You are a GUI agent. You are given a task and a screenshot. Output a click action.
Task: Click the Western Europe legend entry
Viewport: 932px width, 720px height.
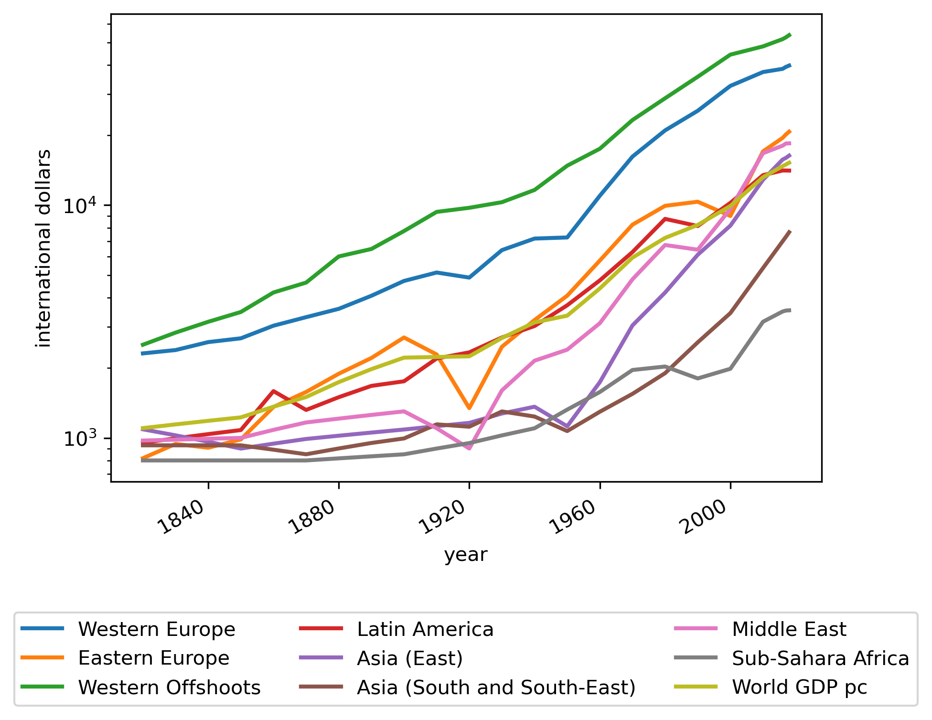[157, 629]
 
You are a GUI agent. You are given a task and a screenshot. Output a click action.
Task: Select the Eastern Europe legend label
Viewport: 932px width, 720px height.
[153, 658]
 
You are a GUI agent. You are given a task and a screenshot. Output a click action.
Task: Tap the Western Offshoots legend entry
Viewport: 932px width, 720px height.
[169, 688]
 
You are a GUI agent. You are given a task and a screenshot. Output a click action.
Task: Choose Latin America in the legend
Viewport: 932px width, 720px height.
[425, 629]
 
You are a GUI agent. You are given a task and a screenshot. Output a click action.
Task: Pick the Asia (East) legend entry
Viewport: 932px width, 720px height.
[410, 658]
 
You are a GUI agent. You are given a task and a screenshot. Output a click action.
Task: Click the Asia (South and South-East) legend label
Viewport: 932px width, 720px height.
[496, 688]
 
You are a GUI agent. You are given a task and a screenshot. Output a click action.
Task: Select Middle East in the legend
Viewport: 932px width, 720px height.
[789, 629]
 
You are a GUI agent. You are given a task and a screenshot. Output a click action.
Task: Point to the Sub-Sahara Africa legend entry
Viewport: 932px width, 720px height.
[820, 658]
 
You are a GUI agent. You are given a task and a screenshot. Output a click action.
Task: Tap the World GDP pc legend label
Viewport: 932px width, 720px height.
[799, 688]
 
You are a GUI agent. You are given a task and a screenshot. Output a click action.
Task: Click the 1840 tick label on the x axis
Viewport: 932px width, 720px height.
[184, 518]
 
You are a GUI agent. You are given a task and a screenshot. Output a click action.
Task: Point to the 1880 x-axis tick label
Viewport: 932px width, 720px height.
[315, 518]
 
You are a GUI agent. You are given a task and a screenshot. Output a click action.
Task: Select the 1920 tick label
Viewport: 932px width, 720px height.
[445, 518]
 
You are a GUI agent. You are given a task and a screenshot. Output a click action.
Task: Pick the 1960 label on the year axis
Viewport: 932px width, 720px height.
[576, 518]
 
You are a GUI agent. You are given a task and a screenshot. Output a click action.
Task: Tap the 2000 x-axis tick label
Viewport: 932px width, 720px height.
[706, 518]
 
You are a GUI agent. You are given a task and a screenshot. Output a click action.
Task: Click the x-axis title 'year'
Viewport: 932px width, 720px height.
[466, 555]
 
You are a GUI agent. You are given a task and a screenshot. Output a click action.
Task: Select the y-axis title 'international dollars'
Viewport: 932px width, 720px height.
[44, 248]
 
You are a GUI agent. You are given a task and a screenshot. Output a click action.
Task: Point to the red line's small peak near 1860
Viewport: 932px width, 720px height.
[273, 391]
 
